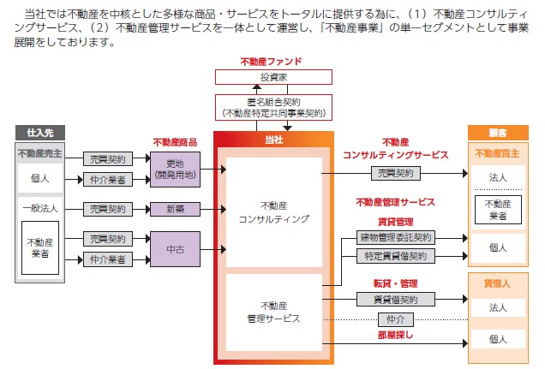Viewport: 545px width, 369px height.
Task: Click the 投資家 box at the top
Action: (x=273, y=77)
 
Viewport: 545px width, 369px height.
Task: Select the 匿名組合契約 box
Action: (x=273, y=108)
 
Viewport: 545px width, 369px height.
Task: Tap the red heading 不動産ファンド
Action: (x=271, y=62)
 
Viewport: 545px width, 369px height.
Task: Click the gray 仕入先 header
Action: (x=40, y=133)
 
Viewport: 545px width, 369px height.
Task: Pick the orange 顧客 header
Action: (x=498, y=133)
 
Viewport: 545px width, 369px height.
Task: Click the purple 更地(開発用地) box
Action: (x=175, y=170)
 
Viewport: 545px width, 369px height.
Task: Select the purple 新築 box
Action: (x=175, y=209)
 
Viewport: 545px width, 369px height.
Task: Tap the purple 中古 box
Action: (x=175, y=249)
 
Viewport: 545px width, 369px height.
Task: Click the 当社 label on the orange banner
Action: (x=274, y=140)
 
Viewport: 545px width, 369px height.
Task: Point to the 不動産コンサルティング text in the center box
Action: (x=274, y=212)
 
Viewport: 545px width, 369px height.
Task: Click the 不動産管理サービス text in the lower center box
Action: (x=274, y=312)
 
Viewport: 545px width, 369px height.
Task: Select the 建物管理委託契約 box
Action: (x=396, y=238)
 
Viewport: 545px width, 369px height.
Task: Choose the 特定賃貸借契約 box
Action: (x=396, y=256)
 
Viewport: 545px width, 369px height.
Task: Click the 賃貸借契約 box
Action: (x=396, y=300)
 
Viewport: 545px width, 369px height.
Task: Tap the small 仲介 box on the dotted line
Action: (x=396, y=319)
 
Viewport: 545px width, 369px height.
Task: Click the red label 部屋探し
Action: (x=396, y=335)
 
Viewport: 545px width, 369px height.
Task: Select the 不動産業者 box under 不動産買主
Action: (x=498, y=210)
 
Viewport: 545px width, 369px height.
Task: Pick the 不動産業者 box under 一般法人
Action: (x=40, y=247)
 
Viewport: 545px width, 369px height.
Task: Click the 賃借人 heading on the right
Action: (x=497, y=283)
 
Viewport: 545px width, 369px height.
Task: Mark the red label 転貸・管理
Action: (x=396, y=283)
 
